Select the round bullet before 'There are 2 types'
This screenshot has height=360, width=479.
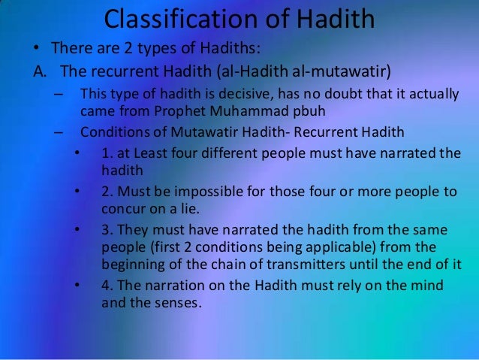[x=36, y=50]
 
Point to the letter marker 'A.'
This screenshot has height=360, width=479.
[x=40, y=73]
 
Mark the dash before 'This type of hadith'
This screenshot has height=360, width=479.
[x=59, y=95]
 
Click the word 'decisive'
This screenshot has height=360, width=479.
[x=233, y=95]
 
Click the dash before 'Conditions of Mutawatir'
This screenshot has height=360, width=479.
[x=59, y=132]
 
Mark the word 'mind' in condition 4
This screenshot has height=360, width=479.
[x=425, y=286]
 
